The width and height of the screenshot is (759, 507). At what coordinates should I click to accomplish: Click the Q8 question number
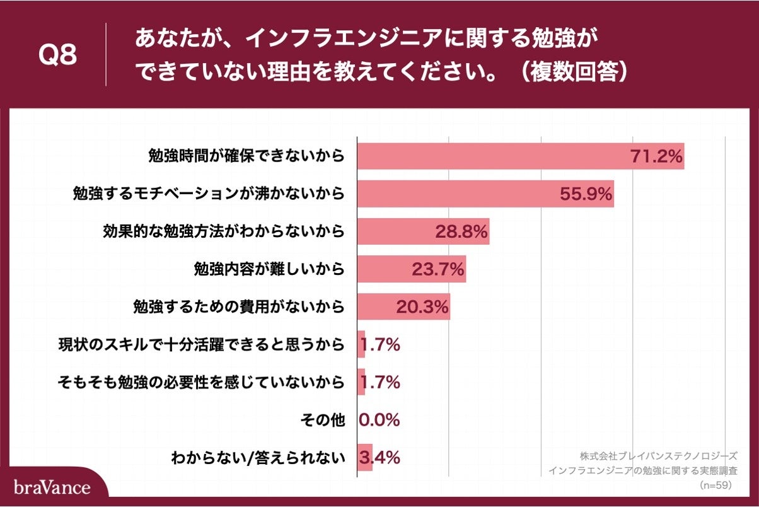[x=57, y=55]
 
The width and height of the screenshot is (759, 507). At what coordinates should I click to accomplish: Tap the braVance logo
[x=52, y=487]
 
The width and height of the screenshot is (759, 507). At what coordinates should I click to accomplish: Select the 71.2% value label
[x=656, y=156]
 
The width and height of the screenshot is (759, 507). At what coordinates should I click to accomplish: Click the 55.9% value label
[x=586, y=194]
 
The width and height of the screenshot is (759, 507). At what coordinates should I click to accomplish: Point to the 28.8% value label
[x=461, y=231]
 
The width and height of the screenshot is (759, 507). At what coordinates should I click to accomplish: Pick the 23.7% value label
[x=438, y=269]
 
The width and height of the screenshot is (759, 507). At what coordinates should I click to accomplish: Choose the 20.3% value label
[x=422, y=307]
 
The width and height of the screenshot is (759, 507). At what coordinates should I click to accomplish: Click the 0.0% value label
[x=379, y=420]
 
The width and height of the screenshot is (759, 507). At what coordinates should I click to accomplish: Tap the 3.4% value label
[x=379, y=458]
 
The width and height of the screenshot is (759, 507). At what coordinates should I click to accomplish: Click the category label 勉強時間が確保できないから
[x=246, y=156]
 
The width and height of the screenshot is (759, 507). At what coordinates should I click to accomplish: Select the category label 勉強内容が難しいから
[x=269, y=269]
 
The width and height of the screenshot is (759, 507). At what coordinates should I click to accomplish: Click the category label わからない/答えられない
[x=258, y=458]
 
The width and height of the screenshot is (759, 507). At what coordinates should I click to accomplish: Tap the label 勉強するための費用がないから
[x=239, y=307]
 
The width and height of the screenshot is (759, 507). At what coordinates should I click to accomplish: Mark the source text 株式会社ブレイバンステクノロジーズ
[x=659, y=455]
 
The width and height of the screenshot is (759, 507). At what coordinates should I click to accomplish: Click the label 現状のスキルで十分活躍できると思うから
[x=201, y=345]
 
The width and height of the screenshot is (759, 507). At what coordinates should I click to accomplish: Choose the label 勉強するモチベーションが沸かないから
[x=209, y=194]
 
